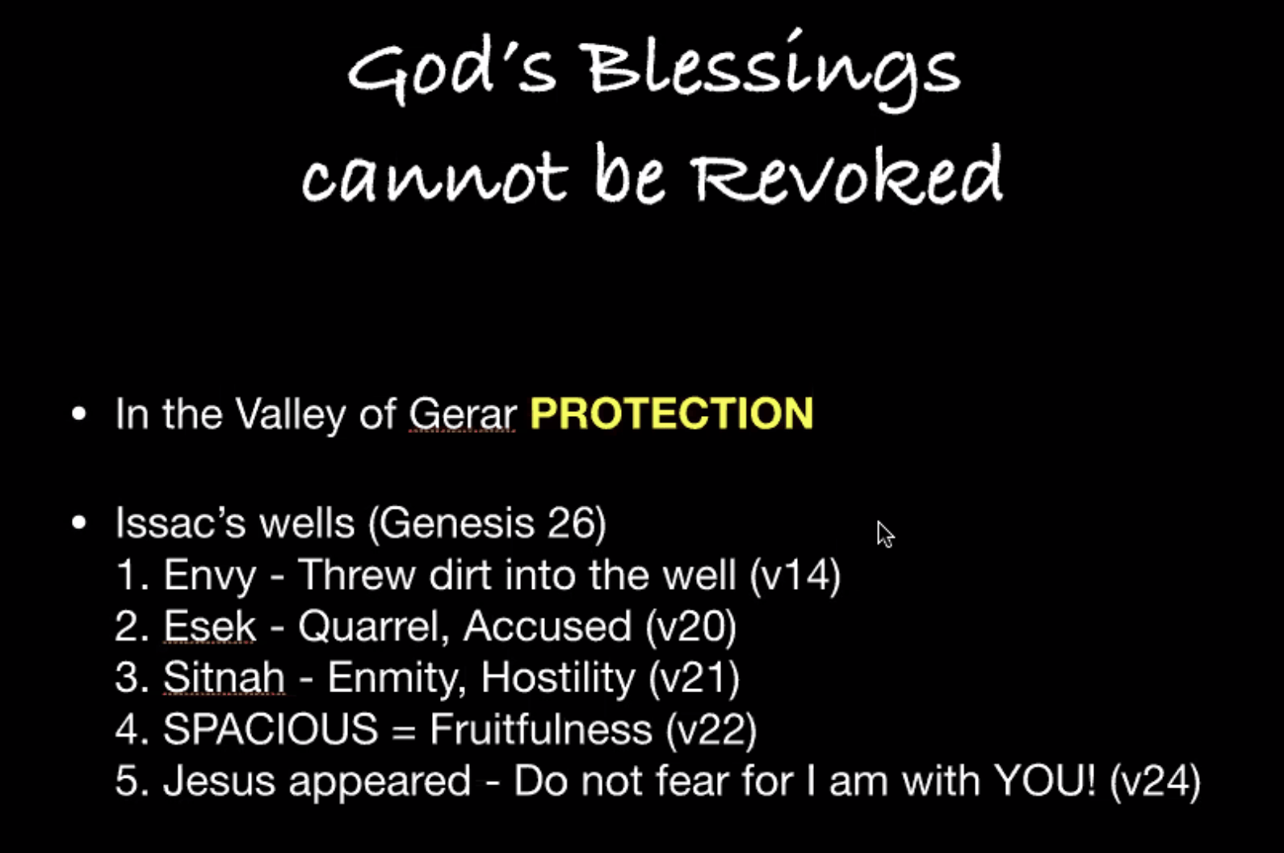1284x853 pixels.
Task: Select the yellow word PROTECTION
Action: (672, 413)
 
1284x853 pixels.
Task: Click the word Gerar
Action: (462, 414)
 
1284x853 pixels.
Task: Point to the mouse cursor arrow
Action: (885, 534)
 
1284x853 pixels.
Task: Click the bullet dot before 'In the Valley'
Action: (79, 414)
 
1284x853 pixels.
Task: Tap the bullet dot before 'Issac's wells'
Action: (79, 523)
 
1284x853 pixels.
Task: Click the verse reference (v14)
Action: (795, 574)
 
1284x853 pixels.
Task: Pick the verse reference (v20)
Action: (690, 626)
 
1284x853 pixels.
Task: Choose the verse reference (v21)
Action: (694, 678)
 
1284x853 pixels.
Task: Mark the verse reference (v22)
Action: (711, 729)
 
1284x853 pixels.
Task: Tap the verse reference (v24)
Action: (1155, 781)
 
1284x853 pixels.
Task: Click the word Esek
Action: (210, 626)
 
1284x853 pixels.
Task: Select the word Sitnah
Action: (224, 678)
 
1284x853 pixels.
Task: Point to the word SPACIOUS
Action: (271, 729)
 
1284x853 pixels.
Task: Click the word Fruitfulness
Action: (541, 729)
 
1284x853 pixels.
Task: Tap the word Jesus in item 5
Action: (220, 781)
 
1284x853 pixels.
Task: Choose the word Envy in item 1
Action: (210, 576)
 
